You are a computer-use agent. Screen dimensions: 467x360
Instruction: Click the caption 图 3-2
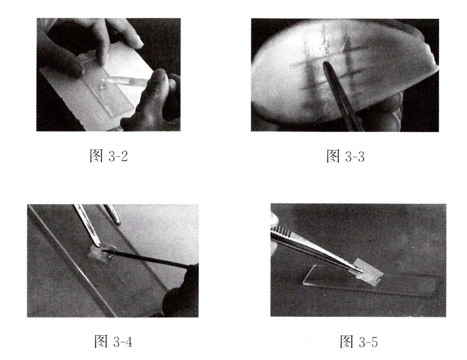[x=109, y=155]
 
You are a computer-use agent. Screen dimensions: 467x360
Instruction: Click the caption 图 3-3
[x=345, y=156]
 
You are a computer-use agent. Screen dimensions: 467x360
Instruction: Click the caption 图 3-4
[x=113, y=341]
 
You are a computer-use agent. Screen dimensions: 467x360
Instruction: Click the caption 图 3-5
[x=359, y=342]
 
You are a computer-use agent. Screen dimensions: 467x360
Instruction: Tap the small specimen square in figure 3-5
[x=369, y=271]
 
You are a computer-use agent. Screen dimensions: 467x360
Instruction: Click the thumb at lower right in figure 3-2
[x=156, y=91]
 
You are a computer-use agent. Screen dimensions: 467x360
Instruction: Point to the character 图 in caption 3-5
[x=346, y=342]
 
